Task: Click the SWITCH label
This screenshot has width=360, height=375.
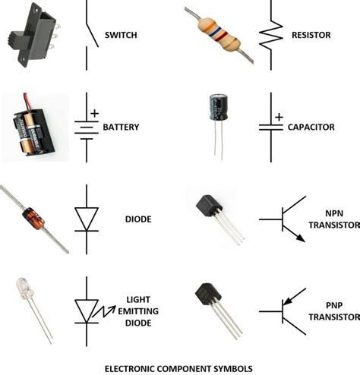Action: click(122, 36)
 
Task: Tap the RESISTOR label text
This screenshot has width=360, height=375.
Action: click(313, 36)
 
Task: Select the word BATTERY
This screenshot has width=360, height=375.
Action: click(122, 127)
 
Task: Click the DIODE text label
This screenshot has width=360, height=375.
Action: click(137, 219)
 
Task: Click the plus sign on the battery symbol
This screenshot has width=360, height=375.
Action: click(95, 113)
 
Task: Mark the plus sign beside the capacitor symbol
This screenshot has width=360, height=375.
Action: click(279, 117)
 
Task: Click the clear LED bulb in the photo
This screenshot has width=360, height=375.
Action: click(25, 290)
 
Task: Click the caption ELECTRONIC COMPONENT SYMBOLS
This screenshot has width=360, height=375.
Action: click(179, 367)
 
